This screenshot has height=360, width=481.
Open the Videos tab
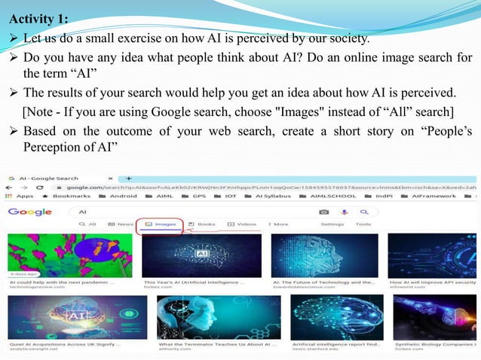tap(242, 224)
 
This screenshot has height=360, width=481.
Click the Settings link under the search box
tap(332, 224)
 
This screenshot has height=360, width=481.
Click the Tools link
tap(363, 224)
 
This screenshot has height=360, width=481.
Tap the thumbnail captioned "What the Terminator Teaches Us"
tap(219, 316)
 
